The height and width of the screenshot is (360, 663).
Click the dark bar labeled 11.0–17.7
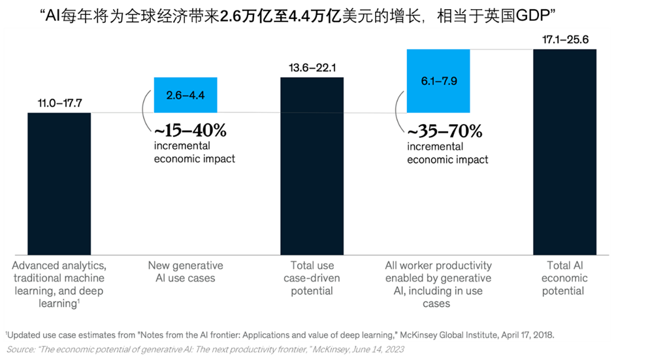[x=59, y=184]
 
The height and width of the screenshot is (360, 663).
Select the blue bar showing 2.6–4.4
[x=186, y=95]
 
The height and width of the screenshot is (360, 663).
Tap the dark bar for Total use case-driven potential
[x=312, y=166]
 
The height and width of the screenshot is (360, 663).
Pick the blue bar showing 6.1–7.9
[x=438, y=81]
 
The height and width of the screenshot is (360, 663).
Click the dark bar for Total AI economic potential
[x=565, y=152]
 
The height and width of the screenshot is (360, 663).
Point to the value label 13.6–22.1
[x=312, y=68]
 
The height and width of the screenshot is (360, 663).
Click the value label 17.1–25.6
[x=565, y=39]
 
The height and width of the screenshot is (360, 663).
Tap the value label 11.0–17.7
[x=59, y=103]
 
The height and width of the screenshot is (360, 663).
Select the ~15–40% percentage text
[x=190, y=130]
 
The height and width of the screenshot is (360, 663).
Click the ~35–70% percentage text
[x=444, y=131]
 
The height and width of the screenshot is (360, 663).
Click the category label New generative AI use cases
[x=186, y=272]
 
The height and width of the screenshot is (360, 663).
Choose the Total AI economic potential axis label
[x=564, y=278]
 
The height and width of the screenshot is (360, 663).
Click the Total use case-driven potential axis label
[x=312, y=278]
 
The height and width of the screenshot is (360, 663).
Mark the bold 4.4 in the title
[x=299, y=16]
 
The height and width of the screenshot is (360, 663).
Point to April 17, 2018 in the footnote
[x=527, y=335]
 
